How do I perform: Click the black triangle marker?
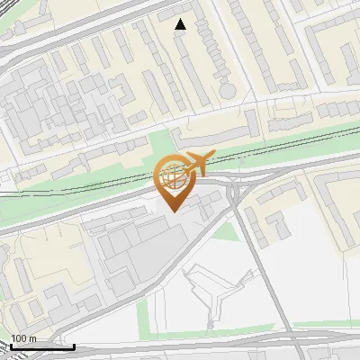181,24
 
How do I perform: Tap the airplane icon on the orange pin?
197,163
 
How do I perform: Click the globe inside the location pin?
174,176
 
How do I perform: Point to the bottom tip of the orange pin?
174,211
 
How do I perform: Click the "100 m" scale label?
23,338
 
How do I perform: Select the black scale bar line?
42,346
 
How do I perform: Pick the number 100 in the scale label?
19,338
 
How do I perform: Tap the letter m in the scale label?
32,338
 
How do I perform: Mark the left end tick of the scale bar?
11,345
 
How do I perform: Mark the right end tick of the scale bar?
74,345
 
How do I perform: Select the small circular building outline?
229,91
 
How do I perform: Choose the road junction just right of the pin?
236,192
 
